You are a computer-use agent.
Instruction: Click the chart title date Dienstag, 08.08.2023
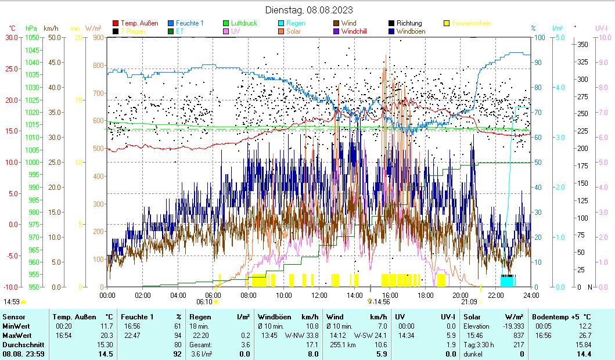pos(308,10)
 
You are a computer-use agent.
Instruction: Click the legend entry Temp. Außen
pos(139,23)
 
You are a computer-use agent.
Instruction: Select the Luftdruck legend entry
pos(243,23)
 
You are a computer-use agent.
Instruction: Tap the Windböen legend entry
pos(411,31)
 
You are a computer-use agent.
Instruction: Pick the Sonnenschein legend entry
pos(471,23)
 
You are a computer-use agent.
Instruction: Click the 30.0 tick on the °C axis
pos(11,38)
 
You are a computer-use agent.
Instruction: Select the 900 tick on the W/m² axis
pos(97,38)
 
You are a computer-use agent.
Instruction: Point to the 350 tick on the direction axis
pos(583,45)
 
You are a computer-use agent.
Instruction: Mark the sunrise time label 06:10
pos(204,302)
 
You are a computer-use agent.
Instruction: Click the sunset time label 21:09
pos(469,302)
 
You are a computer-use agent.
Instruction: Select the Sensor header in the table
pos(13,316)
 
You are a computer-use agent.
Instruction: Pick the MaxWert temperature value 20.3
pos(106,335)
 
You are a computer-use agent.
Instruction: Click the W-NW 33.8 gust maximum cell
pos(301,335)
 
